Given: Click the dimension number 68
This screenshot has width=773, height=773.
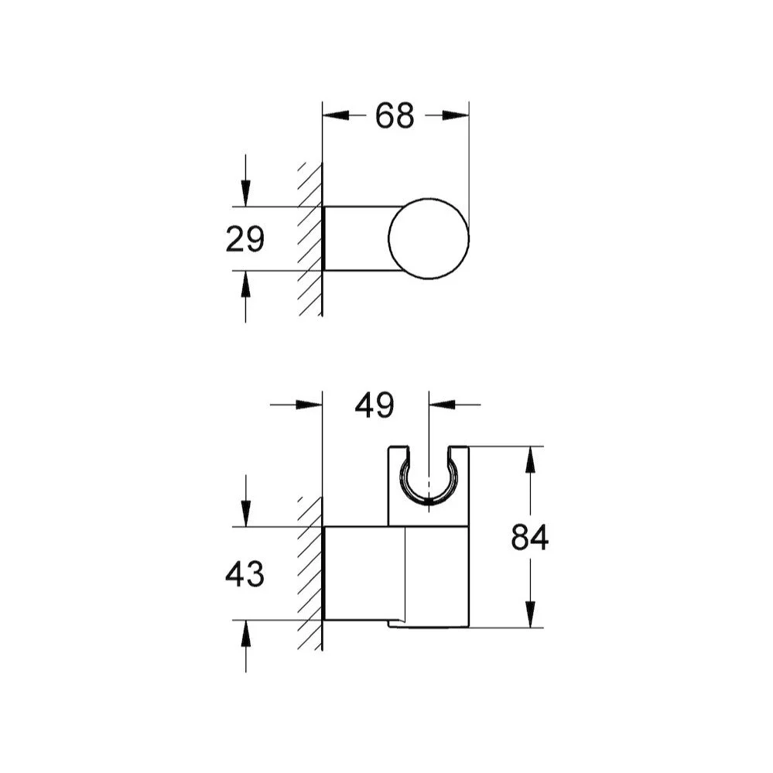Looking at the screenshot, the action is tap(395, 116).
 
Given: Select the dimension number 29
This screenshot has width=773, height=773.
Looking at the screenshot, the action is tap(245, 239).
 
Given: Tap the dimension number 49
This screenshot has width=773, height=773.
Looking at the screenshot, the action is tap(375, 405).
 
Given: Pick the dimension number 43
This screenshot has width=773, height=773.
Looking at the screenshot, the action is tap(245, 574).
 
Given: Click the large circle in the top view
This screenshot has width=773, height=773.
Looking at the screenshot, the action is tap(429, 198).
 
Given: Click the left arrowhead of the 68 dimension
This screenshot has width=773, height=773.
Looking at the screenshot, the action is tap(336, 115).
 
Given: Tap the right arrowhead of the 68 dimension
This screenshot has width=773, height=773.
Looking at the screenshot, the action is tap(456, 115).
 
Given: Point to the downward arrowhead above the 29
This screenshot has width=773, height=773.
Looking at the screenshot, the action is tap(245, 193).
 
